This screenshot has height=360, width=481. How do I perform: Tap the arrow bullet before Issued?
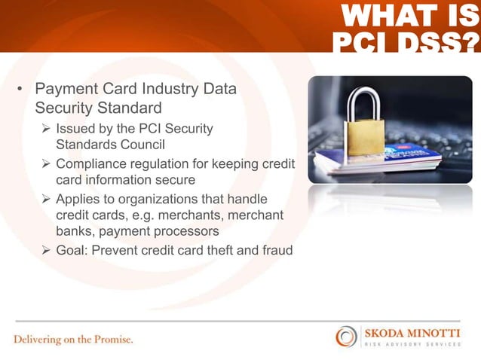click(45, 129)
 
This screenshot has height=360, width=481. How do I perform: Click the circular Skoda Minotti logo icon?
click(347, 336)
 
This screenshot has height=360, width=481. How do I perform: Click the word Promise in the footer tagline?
click(113, 339)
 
